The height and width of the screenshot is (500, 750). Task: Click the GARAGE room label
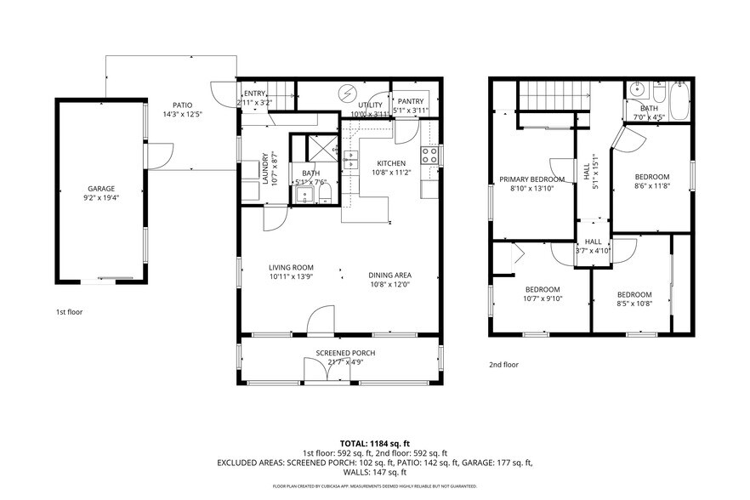pos(100,189)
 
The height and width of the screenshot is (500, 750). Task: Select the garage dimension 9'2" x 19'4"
pos(100,197)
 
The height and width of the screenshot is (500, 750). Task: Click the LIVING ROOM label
pos(292,267)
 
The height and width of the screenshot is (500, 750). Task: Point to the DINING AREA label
pos(390,275)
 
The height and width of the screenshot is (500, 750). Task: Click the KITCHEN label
pos(392,163)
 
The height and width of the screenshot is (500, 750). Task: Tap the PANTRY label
pos(411,101)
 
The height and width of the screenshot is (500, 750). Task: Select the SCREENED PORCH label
pos(345,353)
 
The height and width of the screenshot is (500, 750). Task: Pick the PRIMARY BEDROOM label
pos(531,179)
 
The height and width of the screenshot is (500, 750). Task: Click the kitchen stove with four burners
pos(430,155)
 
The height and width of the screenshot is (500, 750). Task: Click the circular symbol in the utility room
pos(347,93)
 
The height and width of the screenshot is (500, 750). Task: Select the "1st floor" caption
pos(69,312)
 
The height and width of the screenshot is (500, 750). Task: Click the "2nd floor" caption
pos(503,365)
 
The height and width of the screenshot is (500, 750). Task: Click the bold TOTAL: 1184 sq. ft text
pos(374,443)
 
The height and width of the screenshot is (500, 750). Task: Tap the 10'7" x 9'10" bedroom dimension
pos(542,298)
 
